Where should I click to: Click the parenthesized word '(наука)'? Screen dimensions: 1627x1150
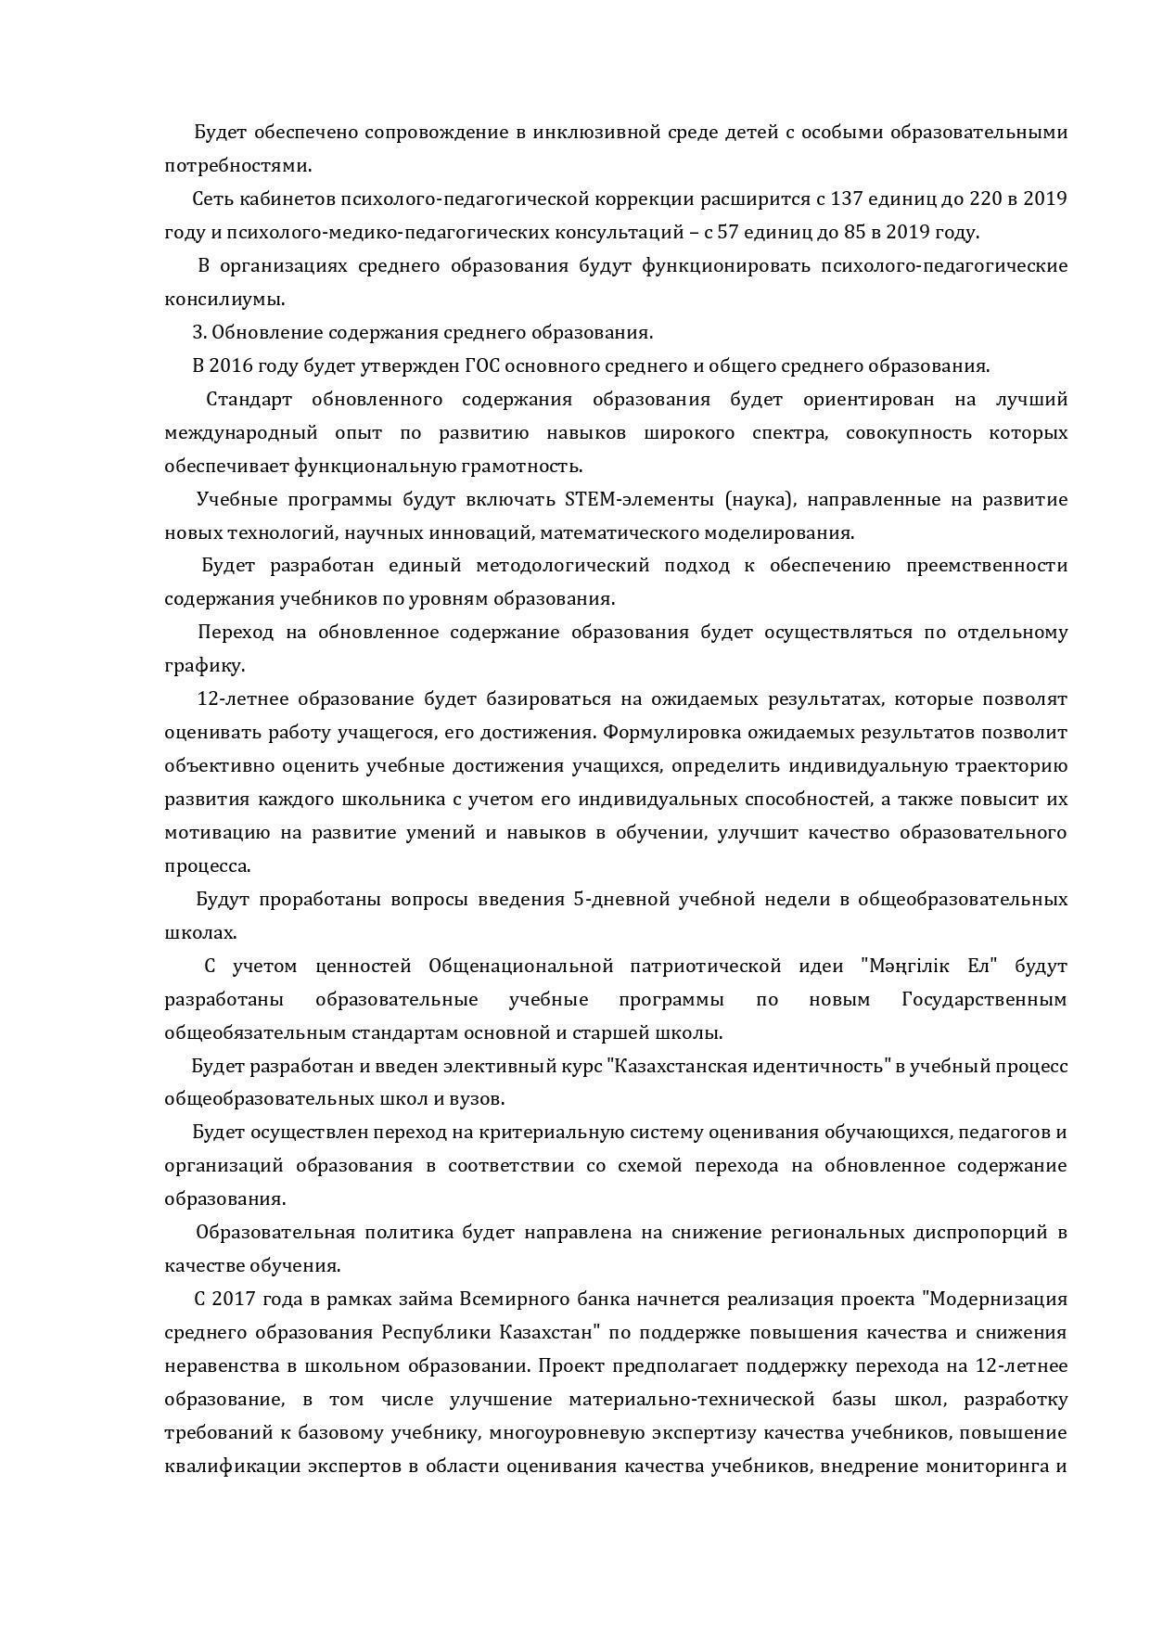click(760, 499)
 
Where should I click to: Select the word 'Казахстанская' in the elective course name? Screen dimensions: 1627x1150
click(669, 1066)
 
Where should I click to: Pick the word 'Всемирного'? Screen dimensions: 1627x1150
click(506, 1299)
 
